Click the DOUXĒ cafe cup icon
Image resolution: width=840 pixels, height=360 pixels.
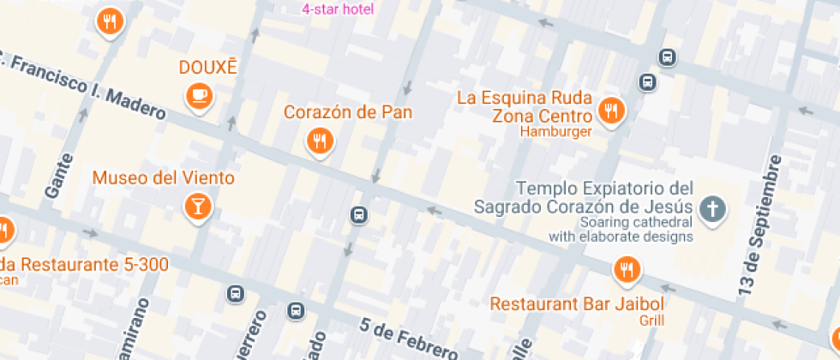pos(200,95)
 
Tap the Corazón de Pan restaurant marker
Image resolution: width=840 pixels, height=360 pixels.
pos(319,140)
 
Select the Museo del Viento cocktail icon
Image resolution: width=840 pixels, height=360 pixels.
pos(198,206)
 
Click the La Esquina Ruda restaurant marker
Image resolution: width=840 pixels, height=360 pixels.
pos(610,110)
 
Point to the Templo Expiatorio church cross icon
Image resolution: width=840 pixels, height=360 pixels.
pos(711,208)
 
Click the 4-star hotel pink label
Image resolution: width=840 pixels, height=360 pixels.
pos(338,9)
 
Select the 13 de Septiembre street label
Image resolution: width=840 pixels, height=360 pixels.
pos(761,227)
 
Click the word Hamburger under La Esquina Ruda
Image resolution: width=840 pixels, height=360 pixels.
pos(556,132)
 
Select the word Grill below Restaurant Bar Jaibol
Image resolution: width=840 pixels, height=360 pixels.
pos(651,321)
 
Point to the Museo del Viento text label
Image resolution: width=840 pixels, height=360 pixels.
pos(163,178)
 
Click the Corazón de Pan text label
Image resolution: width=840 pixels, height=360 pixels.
pos(348,112)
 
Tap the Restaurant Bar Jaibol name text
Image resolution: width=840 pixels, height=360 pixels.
pos(577,303)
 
